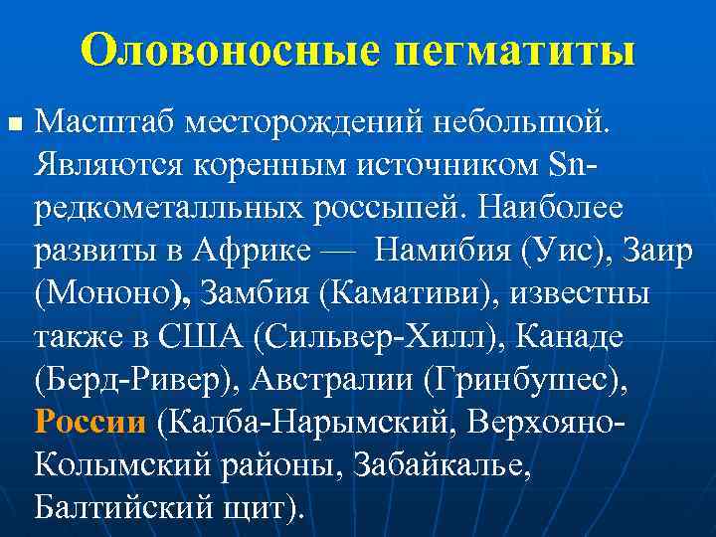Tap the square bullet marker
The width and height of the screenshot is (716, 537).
(13, 125)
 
